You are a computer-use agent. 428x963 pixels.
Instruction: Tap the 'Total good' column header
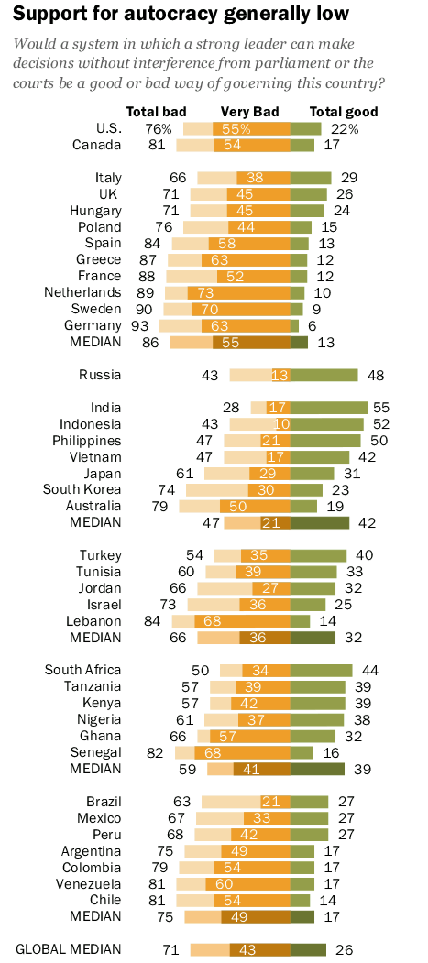point(344,112)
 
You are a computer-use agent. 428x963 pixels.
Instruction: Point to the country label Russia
point(100,375)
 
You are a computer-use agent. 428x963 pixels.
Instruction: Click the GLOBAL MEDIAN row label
point(69,949)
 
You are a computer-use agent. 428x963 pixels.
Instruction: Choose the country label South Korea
point(82,489)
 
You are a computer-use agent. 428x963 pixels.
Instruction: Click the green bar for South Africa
point(321,670)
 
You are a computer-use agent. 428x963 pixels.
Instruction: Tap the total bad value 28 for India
point(231,408)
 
